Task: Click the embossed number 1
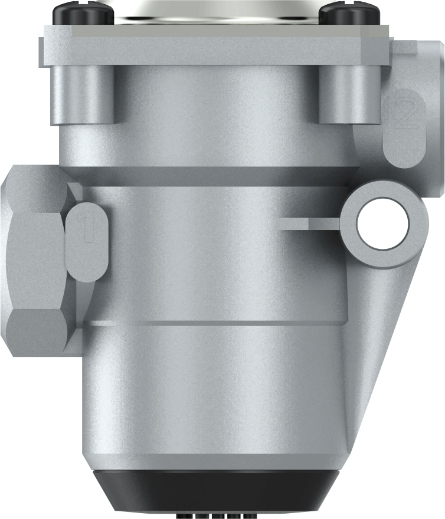click(x=87, y=230)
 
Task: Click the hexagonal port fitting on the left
click(x=35, y=265)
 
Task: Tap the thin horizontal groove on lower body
click(x=212, y=323)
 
